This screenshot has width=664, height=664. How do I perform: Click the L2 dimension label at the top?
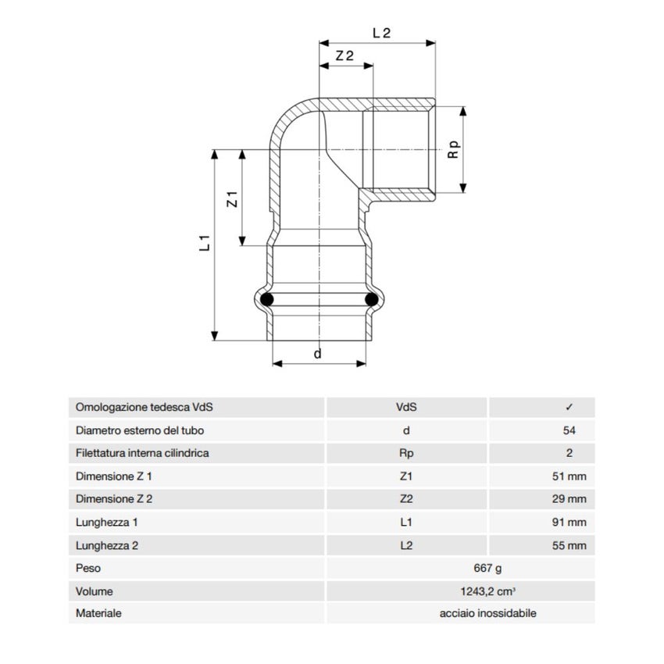click(x=381, y=33)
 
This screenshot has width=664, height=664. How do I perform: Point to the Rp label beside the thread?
click(x=452, y=149)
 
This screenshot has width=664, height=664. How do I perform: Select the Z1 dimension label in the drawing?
click(x=231, y=198)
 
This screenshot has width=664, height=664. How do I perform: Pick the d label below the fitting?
click(x=317, y=354)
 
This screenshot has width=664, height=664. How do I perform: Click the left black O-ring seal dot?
click(x=267, y=299)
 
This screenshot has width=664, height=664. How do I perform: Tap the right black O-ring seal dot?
click(x=372, y=299)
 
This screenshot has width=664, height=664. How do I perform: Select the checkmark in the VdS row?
click(x=569, y=407)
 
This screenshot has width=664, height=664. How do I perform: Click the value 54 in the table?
click(x=568, y=430)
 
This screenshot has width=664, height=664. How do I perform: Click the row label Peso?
click(x=88, y=568)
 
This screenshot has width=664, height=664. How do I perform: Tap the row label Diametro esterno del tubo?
click(x=141, y=430)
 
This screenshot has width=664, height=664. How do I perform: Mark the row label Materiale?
click(x=98, y=614)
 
